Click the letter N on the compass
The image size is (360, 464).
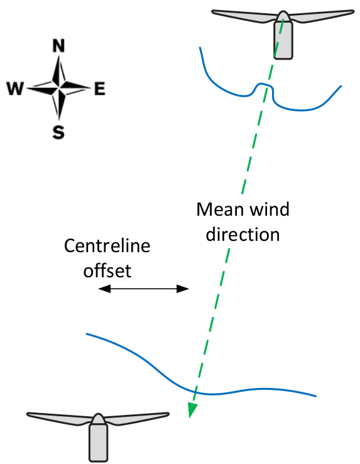tap(58, 45)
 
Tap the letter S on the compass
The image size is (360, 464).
tap(58, 132)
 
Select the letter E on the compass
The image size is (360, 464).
tap(100, 89)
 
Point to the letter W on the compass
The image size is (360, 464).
tap(15, 89)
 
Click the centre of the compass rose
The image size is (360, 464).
tap(59, 88)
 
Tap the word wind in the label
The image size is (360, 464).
tap(269, 209)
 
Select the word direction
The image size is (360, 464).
tap(243, 234)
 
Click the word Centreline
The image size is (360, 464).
tap(107, 246)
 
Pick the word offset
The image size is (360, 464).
tap(107, 271)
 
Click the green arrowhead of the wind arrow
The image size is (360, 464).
tap(192, 410)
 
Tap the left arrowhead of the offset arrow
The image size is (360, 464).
tap(104, 289)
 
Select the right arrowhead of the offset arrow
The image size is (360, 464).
tap(183, 289)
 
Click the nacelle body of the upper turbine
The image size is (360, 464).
tap(283, 40)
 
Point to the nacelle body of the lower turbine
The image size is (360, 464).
tap(98, 443)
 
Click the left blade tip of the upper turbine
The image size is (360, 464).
tap(212, 12)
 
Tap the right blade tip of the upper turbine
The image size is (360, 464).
tap(353, 12)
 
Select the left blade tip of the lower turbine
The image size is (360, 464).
tap(28, 414)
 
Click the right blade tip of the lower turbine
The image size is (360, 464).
tap(168, 414)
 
